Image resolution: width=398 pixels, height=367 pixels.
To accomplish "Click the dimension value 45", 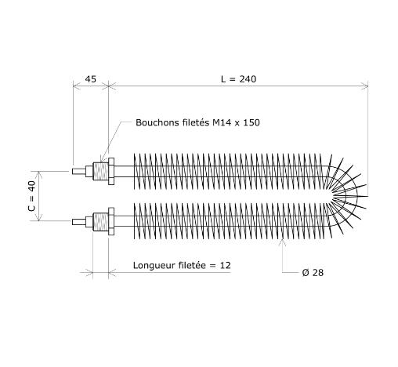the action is (x=91, y=79).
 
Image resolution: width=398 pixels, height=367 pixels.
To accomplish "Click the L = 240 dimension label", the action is (x=238, y=79).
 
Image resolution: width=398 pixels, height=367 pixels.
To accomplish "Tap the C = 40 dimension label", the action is (x=31, y=196).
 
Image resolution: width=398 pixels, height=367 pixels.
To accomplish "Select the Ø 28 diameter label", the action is (x=313, y=273).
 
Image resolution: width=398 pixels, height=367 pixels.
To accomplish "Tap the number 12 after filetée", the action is (x=226, y=265).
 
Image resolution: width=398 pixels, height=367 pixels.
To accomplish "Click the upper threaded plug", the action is (x=100, y=171).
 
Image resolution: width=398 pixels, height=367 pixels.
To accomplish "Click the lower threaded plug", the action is (x=100, y=222).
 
